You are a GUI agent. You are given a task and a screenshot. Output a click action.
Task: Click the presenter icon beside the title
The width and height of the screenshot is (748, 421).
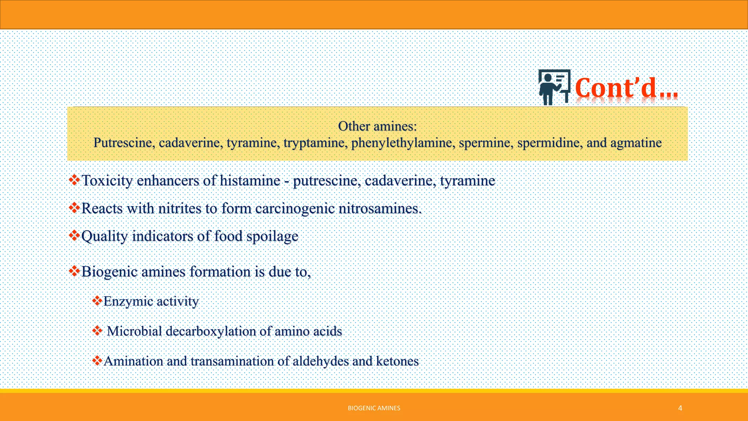554,87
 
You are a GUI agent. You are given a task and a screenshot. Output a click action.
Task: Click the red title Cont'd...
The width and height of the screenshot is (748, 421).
626,88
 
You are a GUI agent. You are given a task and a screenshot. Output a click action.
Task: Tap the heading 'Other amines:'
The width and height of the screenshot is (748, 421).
377,126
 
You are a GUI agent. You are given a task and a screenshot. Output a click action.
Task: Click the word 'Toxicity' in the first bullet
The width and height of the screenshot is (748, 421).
107,181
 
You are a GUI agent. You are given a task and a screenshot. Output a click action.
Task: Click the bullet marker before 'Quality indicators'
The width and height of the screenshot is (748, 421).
75,235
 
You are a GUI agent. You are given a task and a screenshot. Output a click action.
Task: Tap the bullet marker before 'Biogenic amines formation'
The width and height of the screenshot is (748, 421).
75,271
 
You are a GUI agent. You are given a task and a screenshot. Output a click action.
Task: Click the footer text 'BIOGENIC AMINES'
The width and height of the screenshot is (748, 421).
374,408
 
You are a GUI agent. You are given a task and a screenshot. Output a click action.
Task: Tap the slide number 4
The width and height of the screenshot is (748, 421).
680,408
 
